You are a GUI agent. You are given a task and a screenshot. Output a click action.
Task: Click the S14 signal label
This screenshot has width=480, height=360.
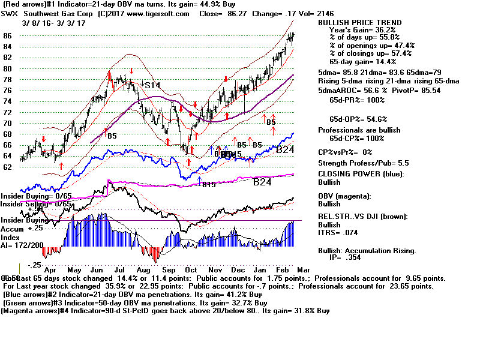click(x=152, y=85)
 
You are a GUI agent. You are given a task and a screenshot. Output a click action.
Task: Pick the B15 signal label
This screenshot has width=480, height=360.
click(x=208, y=184)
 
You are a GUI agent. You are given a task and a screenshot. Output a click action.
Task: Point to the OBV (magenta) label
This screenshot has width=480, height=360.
click(x=347, y=196)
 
